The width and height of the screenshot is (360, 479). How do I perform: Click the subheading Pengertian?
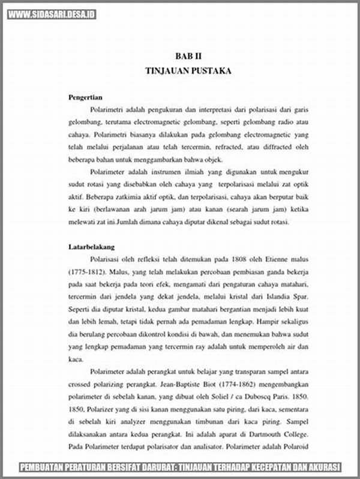[86, 97]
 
